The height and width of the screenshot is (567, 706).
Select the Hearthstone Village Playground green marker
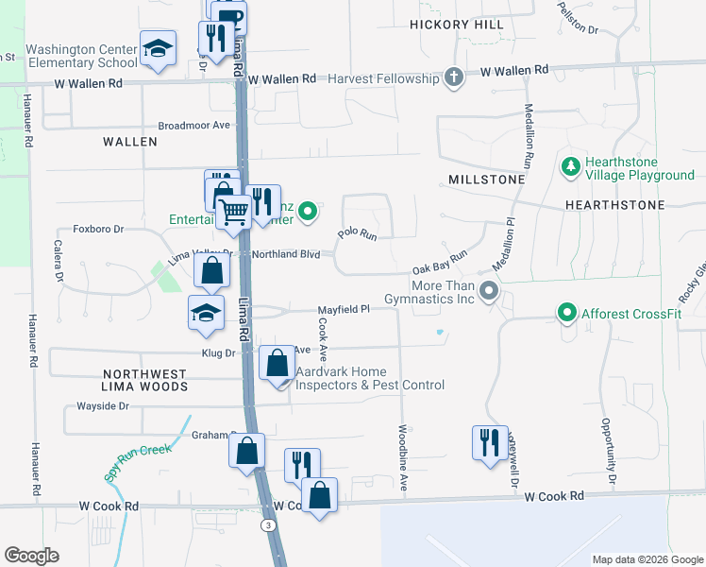click(x=570, y=167)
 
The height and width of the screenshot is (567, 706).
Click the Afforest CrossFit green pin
click(x=566, y=311)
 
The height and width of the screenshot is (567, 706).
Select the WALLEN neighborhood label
click(x=129, y=141)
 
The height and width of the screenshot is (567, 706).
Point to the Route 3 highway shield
click(x=270, y=524)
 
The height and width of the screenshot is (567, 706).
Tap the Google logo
click(x=31, y=555)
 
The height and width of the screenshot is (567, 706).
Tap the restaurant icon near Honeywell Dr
click(x=489, y=441)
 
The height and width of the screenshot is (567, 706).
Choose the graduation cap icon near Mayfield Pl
click(x=205, y=313)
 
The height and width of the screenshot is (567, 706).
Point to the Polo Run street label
click(x=358, y=233)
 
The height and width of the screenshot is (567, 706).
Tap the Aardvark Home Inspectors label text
click(x=369, y=378)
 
